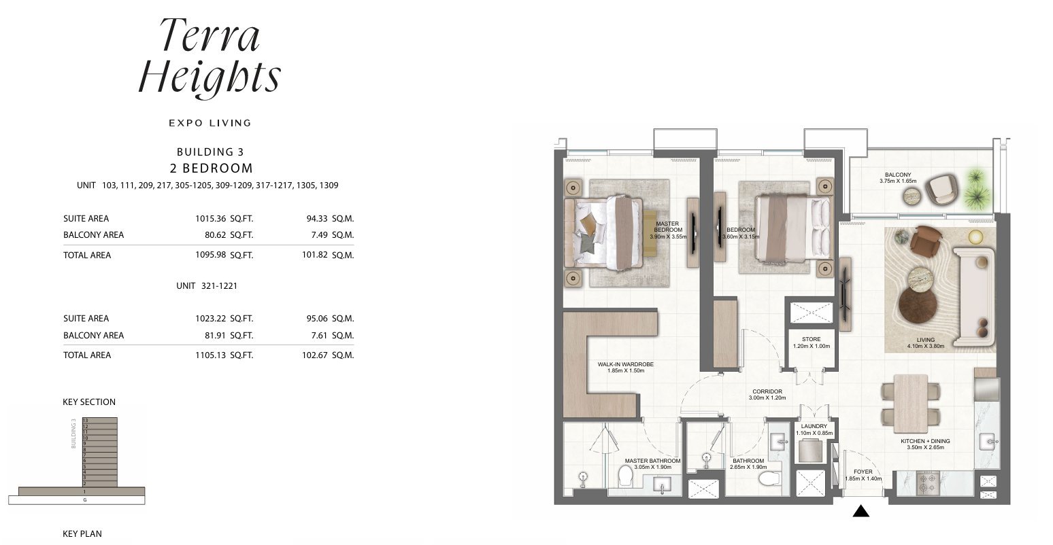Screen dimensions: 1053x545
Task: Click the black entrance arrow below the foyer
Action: point(860,511)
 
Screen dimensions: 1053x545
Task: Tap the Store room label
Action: point(811,342)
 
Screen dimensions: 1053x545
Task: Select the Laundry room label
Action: point(814,429)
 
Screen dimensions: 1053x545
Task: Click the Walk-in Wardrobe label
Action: point(625,367)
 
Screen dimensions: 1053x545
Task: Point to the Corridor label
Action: point(767,394)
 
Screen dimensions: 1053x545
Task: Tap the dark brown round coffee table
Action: point(918,304)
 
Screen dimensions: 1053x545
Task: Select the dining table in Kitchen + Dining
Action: point(911,403)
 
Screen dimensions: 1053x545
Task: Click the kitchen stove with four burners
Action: point(923,483)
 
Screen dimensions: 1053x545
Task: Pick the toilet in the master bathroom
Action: point(625,476)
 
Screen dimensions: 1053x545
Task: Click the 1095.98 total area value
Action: point(211,255)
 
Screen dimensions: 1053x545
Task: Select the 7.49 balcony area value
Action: point(319,234)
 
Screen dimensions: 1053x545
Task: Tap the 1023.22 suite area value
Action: point(211,318)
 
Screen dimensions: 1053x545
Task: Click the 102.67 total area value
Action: point(314,355)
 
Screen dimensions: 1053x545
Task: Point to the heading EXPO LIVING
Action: point(210,123)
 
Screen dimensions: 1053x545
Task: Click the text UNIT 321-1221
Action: point(207,286)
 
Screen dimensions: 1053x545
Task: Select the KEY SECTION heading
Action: point(89,402)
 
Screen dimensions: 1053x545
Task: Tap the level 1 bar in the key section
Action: point(82,491)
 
